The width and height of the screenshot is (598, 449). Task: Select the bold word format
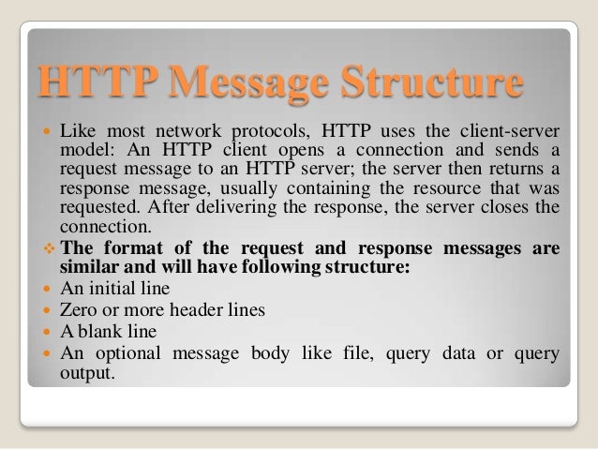pyautogui.click(x=129, y=248)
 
